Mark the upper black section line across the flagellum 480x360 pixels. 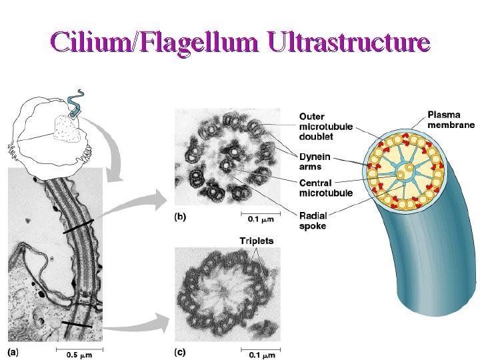(84, 227)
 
